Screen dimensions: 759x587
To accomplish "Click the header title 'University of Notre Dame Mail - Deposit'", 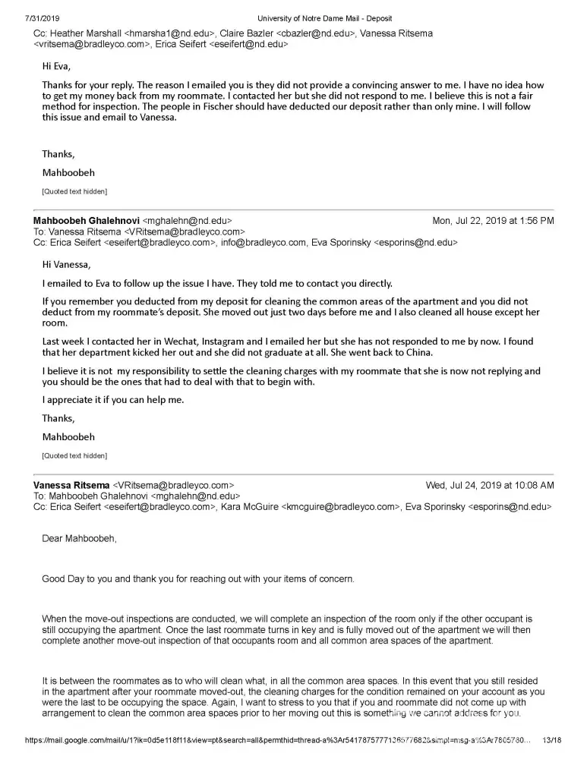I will [x=324, y=18].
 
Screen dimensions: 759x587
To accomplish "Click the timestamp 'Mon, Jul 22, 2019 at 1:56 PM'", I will [x=493, y=221].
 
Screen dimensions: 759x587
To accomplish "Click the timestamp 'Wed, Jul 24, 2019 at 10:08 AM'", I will [x=490, y=485].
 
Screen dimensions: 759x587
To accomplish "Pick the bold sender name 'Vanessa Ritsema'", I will [x=71, y=485].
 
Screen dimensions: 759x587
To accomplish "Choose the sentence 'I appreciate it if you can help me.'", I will [x=113, y=400].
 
